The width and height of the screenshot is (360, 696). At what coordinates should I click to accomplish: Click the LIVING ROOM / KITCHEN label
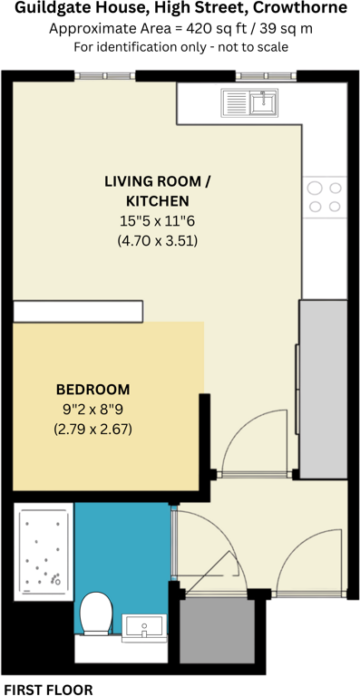tap(157, 190)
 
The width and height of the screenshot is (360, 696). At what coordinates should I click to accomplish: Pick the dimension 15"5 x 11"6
tap(157, 221)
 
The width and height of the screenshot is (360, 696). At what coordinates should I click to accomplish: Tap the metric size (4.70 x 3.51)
tap(157, 241)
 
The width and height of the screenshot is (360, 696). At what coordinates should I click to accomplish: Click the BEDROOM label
tap(92, 389)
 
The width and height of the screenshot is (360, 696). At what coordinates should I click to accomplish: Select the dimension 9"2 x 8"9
tap(92, 409)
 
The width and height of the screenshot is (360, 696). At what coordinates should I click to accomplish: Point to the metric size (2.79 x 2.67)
tap(92, 429)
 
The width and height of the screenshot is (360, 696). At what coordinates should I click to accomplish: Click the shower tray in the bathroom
tap(41, 551)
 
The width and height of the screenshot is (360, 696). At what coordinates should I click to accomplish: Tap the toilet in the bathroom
tap(94, 614)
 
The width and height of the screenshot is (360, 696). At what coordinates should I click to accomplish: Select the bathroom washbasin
tap(143, 625)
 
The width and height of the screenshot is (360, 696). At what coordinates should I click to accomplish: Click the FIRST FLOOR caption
tap(47, 689)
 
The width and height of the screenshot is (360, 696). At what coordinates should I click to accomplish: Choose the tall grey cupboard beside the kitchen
tap(324, 390)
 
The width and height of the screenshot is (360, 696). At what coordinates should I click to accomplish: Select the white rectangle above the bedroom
tap(78, 312)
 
